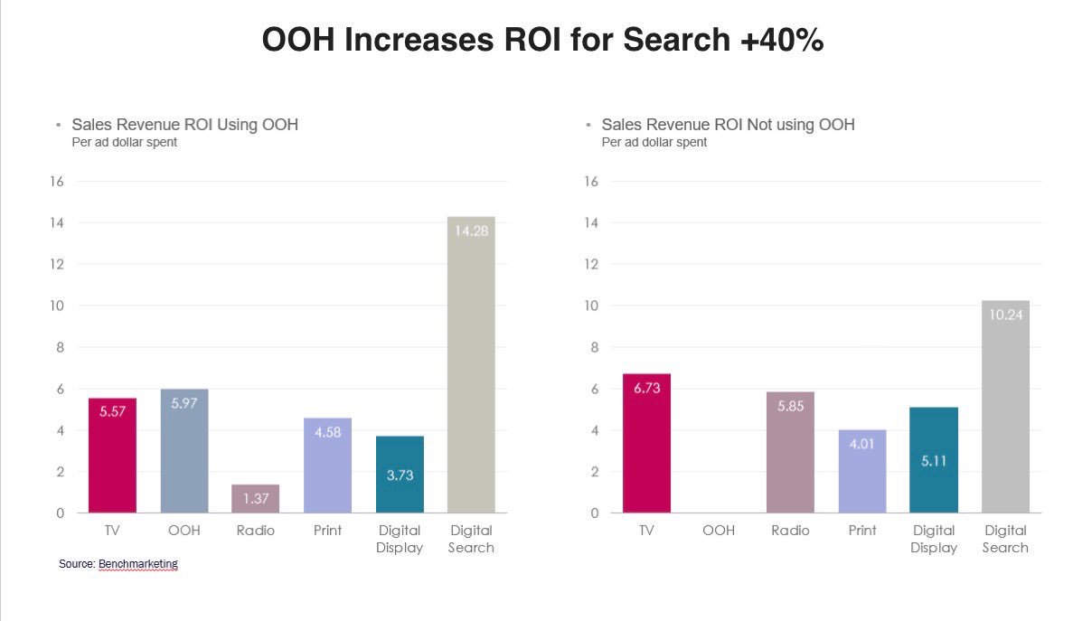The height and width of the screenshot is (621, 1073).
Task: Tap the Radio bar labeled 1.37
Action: pos(256,498)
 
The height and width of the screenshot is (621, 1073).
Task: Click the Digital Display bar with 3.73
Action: pos(400,474)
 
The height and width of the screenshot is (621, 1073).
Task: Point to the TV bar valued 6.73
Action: pos(647,443)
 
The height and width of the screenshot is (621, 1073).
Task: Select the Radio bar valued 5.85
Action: pos(790,452)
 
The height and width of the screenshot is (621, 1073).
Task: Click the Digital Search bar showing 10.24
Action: pos(1005,406)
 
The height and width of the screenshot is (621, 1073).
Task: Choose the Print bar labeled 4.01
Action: pos(861,471)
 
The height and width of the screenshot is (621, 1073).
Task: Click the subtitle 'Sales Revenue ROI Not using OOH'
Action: pos(728,125)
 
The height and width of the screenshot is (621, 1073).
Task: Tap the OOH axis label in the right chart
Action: pos(719,531)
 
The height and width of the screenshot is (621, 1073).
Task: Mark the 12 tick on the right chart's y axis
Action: pos(592,264)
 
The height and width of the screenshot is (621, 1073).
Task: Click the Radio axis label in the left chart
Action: pos(256,531)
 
